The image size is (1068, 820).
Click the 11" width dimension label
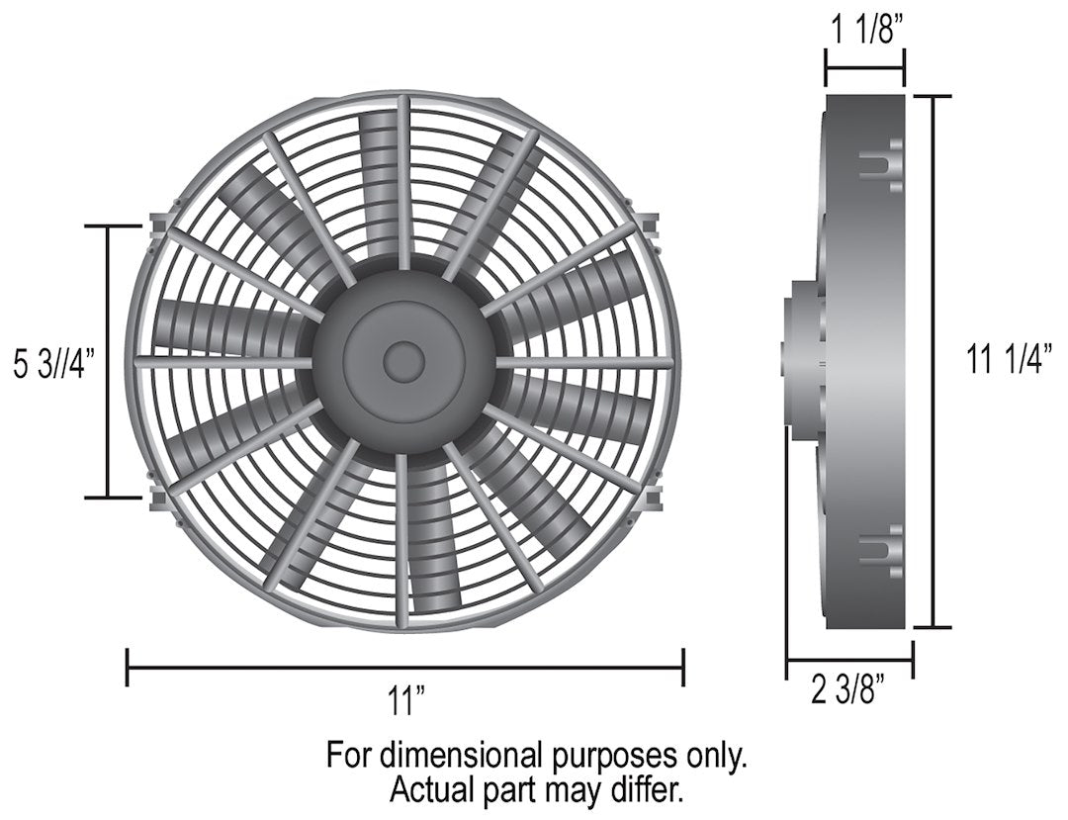[x=405, y=703]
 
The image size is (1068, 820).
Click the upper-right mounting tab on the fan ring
[x=650, y=226]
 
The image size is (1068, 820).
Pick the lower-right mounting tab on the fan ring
[x=650, y=499]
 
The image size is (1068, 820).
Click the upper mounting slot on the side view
[x=881, y=165]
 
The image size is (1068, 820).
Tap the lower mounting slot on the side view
[x=881, y=552]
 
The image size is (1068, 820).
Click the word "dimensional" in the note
[x=460, y=757]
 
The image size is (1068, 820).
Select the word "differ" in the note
[x=648, y=791]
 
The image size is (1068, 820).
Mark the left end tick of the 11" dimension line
[x=128, y=667]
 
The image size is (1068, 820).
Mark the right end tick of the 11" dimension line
[x=682, y=667]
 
